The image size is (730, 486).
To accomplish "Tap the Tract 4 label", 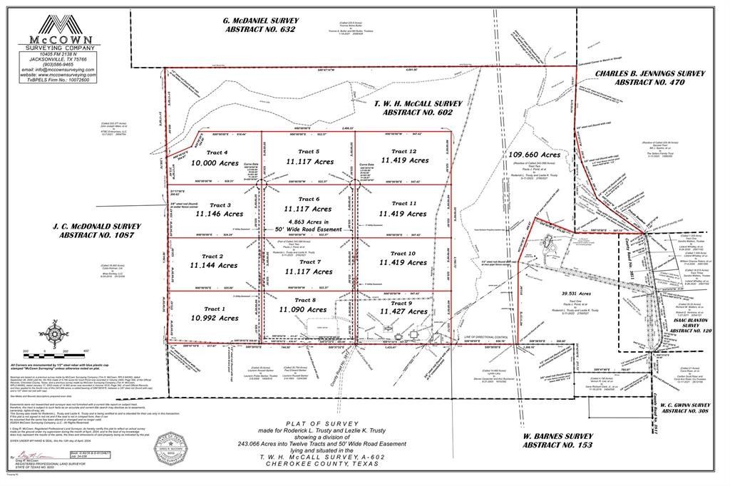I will pos(216,152).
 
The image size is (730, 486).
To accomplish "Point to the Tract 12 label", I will pos(403,151).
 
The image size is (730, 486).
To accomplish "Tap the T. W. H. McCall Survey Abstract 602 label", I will pos(418,108).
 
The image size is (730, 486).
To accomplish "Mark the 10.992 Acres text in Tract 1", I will pos(214,319).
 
